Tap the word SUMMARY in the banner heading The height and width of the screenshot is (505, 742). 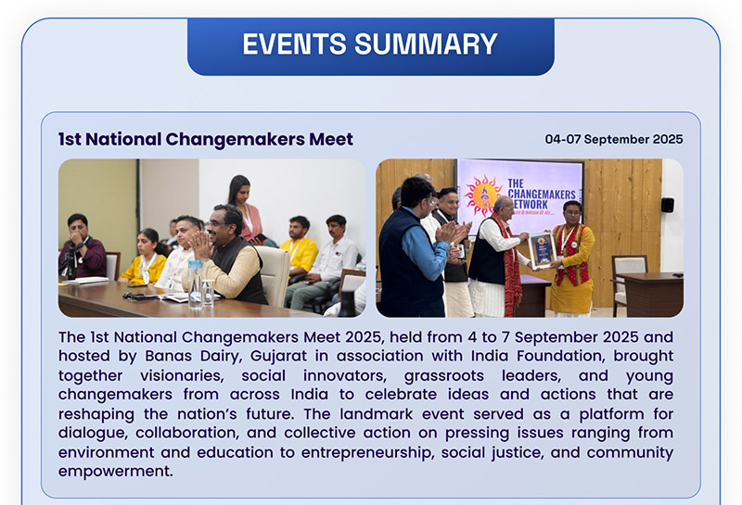pyautogui.click(x=432, y=44)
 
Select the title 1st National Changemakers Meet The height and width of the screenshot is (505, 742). pyautogui.click(x=205, y=140)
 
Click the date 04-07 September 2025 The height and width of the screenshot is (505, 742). pyautogui.click(x=613, y=140)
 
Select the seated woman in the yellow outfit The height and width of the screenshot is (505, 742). pyautogui.click(x=145, y=258)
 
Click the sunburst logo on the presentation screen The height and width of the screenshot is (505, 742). pyautogui.click(x=483, y=196)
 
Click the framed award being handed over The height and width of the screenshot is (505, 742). pyautogui.click(x=541, y=250)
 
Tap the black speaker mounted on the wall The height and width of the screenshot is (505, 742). pyautogui.click(x=667, y=205)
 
